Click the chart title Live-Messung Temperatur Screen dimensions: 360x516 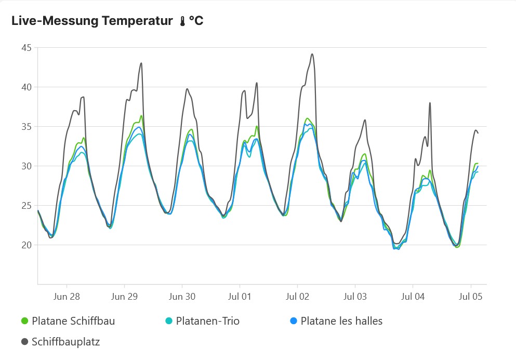point(92,21)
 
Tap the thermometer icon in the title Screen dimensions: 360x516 point(182,22)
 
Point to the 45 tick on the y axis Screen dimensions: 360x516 point(26,48)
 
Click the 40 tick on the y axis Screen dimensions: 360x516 point(26,87)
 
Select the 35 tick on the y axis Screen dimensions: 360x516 point(26,127)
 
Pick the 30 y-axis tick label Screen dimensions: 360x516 point(26,166)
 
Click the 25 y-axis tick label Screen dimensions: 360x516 point(26,206)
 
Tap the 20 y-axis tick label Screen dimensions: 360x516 point(26,245)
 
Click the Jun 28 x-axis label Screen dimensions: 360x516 point(67,297)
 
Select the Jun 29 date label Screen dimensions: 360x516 point(124,297)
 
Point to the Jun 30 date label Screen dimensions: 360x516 point(182,297)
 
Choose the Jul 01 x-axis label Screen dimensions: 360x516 point(240,297)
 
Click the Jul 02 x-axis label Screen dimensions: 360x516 point(297,297)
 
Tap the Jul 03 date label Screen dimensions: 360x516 point(355,297)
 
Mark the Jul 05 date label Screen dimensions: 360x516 point(470,297)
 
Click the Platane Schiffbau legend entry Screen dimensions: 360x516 point(73,321)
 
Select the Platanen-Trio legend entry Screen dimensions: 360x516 point(207,321)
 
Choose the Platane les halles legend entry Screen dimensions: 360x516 point(341,321)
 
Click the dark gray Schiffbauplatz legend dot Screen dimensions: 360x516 point(24,342)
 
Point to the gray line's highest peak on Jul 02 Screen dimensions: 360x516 point(312,54)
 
